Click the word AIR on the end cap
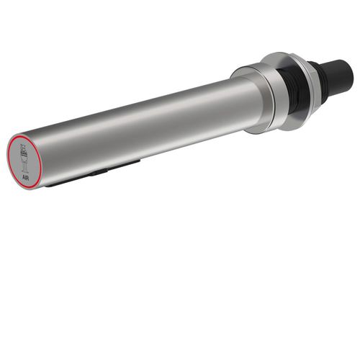25,178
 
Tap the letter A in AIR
23,178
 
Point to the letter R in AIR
27,178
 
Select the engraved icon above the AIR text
24,158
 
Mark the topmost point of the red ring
23,135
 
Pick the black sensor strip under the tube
92,174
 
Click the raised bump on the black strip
99,171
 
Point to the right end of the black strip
140,161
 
